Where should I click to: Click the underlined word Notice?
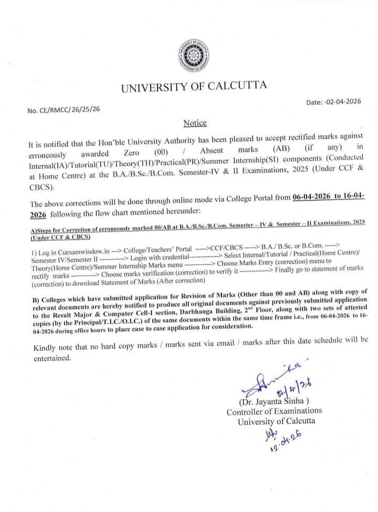[195, 123]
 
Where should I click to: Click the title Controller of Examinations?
[274, 412]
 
